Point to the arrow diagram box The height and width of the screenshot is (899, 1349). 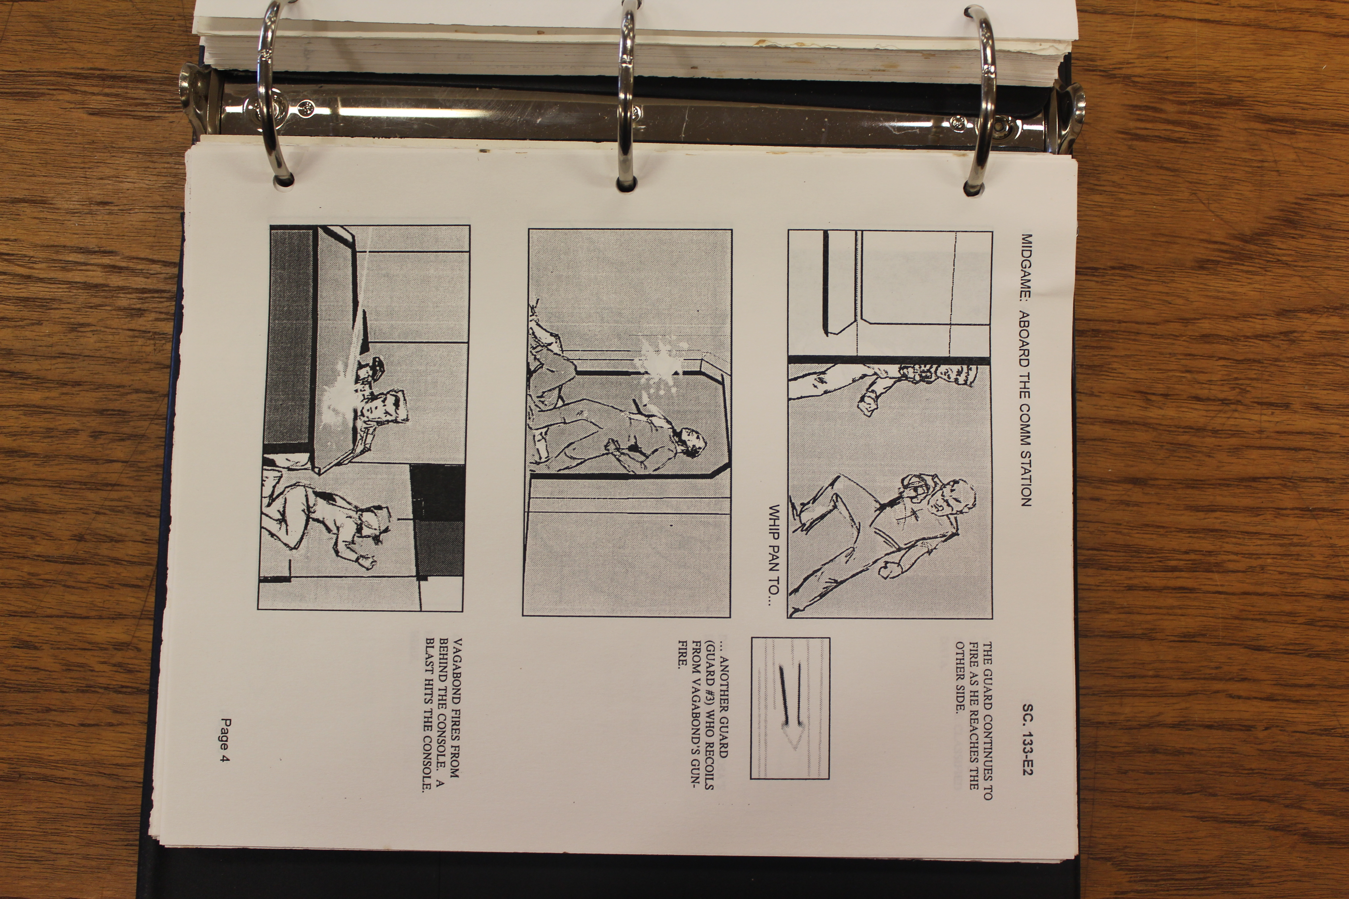point(790,708)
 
